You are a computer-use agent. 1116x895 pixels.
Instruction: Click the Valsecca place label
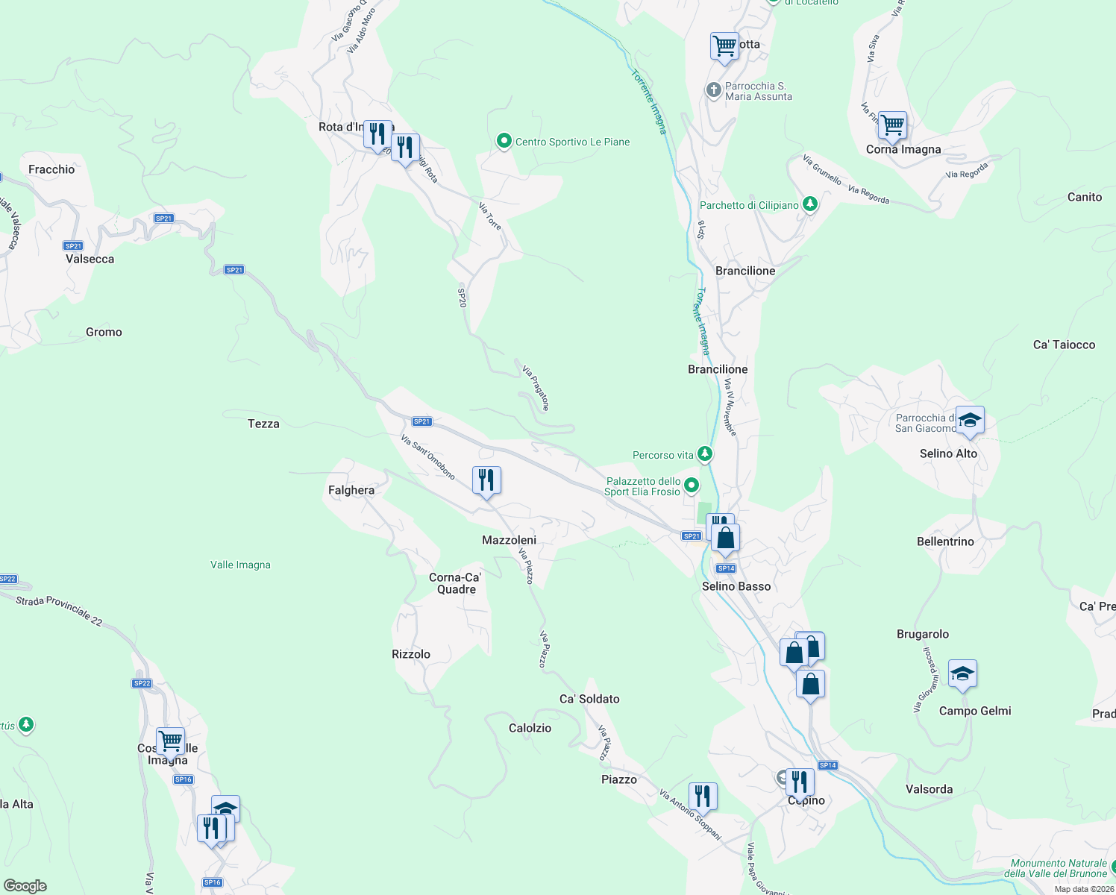pos(90,259)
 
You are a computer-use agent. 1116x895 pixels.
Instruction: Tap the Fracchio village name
pos(51,169)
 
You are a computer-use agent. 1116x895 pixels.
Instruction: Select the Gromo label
pos(104,332)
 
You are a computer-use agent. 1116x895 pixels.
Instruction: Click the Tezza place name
pos(263,424)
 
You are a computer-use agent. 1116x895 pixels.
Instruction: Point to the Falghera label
pos(351,490)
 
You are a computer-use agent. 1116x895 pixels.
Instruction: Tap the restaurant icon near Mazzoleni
pos(486,481)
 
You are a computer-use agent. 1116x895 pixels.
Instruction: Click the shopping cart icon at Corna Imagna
pos(892,125)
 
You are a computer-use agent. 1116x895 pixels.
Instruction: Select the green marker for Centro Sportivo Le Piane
pos(504,141)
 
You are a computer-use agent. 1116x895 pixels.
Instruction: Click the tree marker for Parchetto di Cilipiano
pos(809,204)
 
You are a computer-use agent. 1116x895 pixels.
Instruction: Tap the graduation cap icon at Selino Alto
pos(970,421)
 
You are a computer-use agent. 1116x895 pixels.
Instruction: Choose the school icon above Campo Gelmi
pos(962,674)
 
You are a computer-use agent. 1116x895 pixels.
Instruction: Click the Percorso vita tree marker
pos(703,454)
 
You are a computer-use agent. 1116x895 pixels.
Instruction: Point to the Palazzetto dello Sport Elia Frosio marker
pos(692,486)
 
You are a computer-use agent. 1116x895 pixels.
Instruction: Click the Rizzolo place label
pos(411,654)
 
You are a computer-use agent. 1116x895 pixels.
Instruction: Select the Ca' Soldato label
pos(589,699)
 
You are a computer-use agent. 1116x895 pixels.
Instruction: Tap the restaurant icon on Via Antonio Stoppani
pos(703,797)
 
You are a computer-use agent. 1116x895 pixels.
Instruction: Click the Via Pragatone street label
pos(536,388)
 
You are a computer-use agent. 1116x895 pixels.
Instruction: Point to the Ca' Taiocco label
pos(1064,345)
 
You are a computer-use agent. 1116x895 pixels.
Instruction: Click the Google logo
pos(25,885)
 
